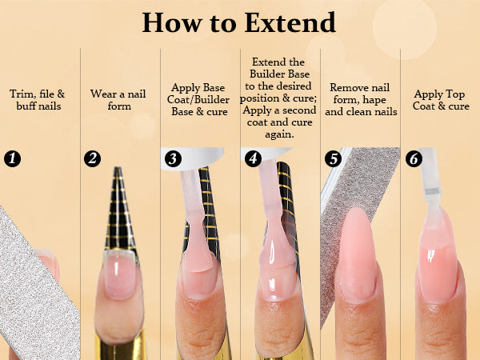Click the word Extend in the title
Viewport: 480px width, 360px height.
[x=290, y=22]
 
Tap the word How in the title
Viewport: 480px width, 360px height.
[x=172, y=22]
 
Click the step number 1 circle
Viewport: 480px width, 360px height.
[x=12, y=158]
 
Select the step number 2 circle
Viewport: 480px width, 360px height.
[x=92, y=158]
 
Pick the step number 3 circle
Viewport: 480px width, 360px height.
[x=173, y=158]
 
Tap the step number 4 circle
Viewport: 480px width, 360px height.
[x=253, y=158]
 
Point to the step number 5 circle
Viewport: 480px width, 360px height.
[x=333, y=158]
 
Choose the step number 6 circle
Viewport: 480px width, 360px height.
[x=414, y=158]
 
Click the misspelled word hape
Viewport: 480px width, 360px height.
[x=374, y=100]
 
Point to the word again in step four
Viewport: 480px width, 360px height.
[x=279, y=134]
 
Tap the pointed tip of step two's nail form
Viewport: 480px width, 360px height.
[x=118, y=168]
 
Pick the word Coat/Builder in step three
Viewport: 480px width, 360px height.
[x=198, y=100]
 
